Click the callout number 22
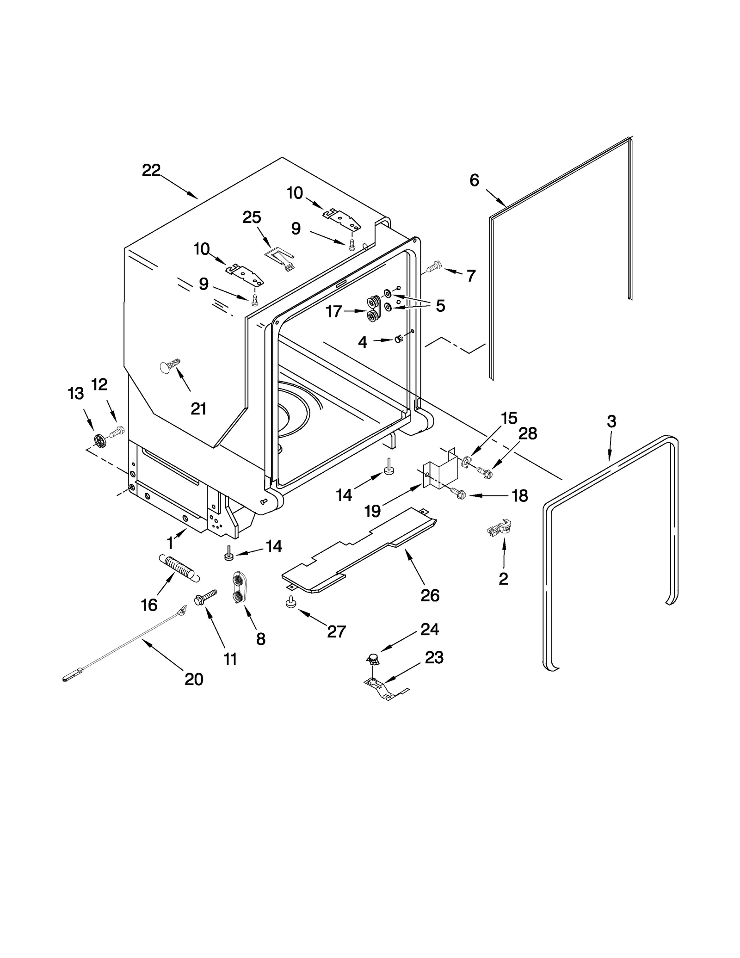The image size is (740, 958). (x=151, y=171)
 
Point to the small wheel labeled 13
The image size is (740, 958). (x=100, y=440)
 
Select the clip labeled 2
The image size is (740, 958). (x=500, y=528)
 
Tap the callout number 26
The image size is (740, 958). (x=430, y=595)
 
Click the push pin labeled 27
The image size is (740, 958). (x=291, y=602)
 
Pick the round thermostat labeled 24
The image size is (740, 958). (x=373, y=658)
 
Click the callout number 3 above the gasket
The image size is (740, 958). (x=611, y=421)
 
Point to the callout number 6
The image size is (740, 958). (x=474, y=180)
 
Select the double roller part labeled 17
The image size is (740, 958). (x=373, y=309)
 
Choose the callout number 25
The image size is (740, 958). (x=252, y=217)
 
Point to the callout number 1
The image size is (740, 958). (x=170, y=543)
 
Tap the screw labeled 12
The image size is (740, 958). (x=116, y=432)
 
